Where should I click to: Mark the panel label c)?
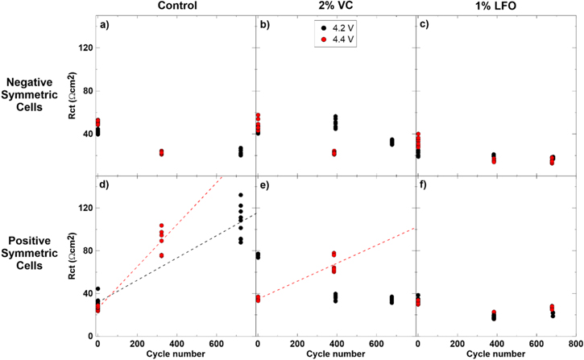coord(425,24)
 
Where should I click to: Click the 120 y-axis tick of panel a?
coord(85,48)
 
